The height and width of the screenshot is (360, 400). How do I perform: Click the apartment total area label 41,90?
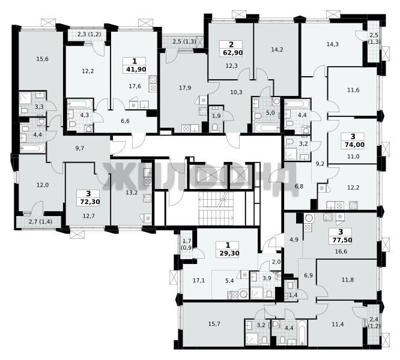pyautogui.click(x=135, y=69)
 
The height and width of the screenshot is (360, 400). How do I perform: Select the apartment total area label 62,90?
pyautogui.click(x=231, y=53)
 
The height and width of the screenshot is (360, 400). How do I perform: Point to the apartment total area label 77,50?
pyautogui.click(x=341, y=240)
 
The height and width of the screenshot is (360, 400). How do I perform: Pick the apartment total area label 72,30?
pyautogui.click(x=88, y=202)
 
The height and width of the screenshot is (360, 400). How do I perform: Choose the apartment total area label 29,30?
pyautogui.click(x=228, y=253)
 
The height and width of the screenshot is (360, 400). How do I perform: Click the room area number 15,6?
pyautogui.click(x=43, y=59)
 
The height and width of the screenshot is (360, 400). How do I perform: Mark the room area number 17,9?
pyautogui.click(x=185, y=88)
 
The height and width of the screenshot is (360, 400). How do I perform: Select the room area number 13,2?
pyautogui.click(x=132, y=193)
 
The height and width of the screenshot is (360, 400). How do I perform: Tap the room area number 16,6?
pyautogui.click(x=341, y=251)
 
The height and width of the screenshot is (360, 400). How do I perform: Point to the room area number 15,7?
pyautogui.click(x=214, y=324)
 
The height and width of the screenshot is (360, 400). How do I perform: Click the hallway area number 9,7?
pyautogui.click(x=80, y=148)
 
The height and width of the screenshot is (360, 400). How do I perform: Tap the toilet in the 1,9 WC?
pyautogui.click(x=214, y=127)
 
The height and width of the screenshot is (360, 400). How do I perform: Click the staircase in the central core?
pyautogui.click(x=216, y=208)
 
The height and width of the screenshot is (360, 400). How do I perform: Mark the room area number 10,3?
pyautogui.click(x=236, y=92)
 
